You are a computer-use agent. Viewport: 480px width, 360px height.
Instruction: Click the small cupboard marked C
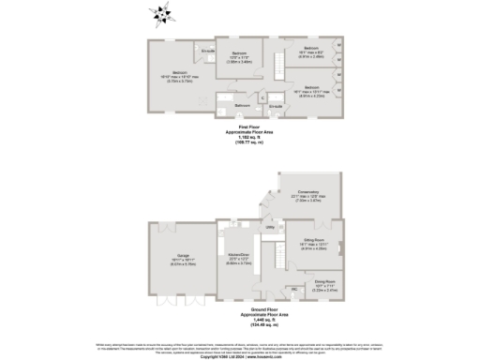(x=263, y=97)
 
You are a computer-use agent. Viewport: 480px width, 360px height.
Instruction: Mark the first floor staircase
(x=277, y=65)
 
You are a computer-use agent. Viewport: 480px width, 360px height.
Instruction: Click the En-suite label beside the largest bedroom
(x=208, y=50)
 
